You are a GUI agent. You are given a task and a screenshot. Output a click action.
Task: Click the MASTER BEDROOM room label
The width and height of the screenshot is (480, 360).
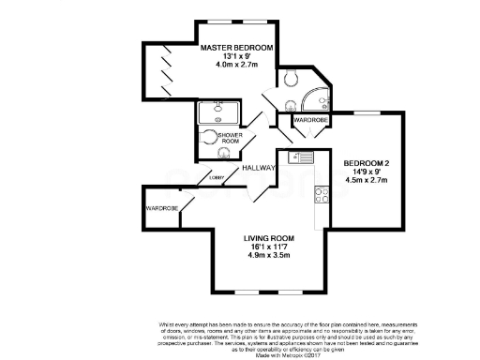click(x=236, y=47)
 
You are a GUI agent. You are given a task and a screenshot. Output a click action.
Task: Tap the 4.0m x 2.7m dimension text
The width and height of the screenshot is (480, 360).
click(x=236, y=66)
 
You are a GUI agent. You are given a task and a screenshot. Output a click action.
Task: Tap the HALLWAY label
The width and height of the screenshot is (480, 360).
click(x=258, y=168)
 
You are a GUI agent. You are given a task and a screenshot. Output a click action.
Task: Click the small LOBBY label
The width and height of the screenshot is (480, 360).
click(x=217, y=176)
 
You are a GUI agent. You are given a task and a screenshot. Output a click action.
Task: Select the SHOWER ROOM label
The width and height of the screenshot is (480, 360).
click(x=230, y=139)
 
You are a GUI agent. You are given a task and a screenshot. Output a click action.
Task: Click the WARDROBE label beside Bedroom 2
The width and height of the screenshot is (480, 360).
click(x=310, y=121)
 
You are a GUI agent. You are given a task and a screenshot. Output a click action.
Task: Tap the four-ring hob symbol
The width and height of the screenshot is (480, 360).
click(x=322, y=194)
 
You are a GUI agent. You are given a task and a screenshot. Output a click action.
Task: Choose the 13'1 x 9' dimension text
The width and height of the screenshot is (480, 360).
click(x=236, y=56)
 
